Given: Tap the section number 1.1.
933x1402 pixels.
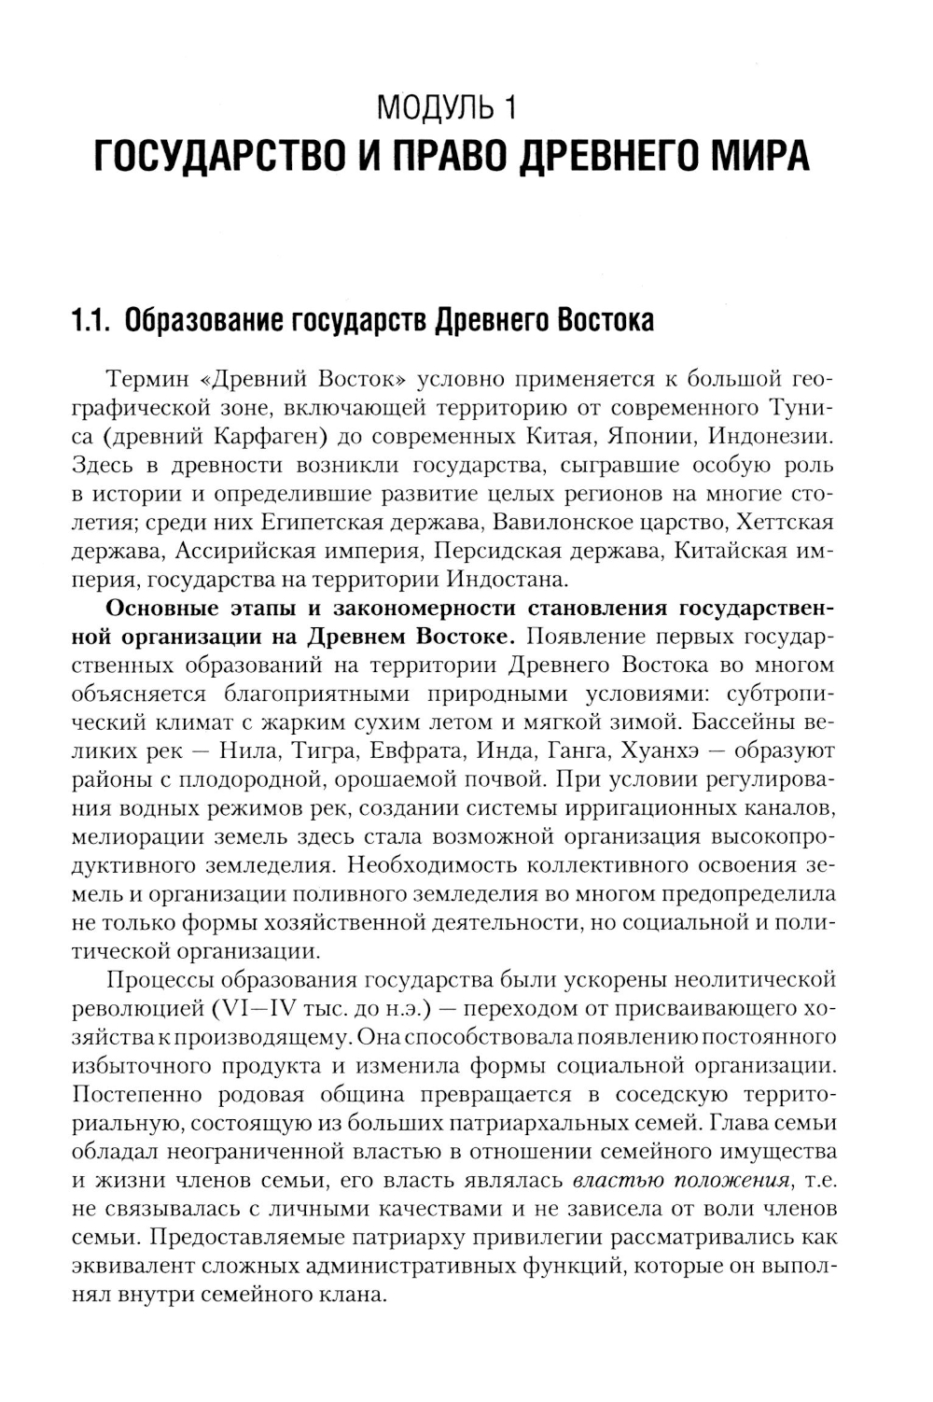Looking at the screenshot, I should click(x=92, y=321).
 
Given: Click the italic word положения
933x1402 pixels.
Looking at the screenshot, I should click(x=732, y=1180).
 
